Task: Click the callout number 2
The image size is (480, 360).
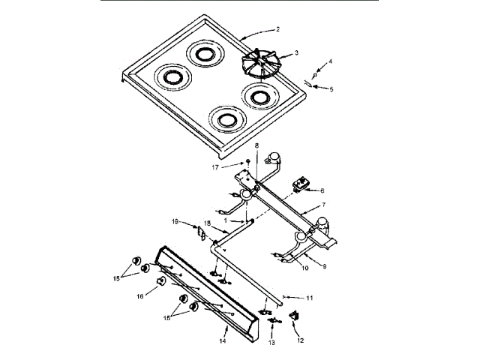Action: coord(277,29)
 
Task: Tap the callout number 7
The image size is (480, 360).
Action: coord(322,203)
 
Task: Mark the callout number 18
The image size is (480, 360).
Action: coord(207,223)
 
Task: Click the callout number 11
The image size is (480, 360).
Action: coord(310,298)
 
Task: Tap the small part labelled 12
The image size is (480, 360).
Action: coord(294,317)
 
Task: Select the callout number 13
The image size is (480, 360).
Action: coord(272,341)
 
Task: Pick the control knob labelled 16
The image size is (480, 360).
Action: coord(160,282)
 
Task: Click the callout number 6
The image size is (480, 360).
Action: coord(322,191)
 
